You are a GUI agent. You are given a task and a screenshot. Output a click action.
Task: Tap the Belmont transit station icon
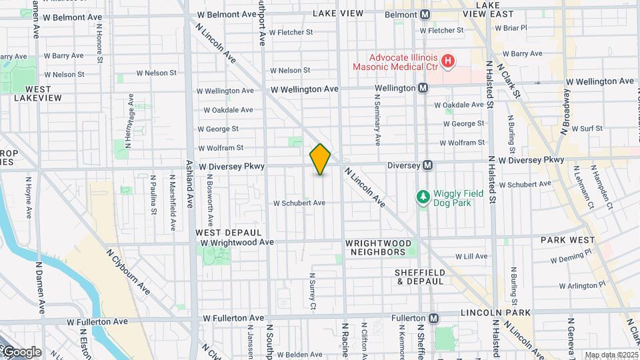coord(425,14)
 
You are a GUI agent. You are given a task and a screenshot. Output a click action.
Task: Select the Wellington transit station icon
coord(423,88)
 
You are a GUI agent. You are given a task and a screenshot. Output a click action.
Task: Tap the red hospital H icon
coord(448,61)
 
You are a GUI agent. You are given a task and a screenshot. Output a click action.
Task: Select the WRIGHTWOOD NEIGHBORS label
coord(375,248)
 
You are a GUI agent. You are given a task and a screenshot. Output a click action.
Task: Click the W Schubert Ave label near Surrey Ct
coord(299,203)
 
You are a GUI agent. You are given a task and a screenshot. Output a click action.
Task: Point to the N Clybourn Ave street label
coord(128,271)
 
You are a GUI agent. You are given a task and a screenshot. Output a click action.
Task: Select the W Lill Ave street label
coord(472,256)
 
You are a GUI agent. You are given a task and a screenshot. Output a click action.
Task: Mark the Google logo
coord(21,352)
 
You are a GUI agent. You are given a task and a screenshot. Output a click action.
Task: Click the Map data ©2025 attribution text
coord(610,355)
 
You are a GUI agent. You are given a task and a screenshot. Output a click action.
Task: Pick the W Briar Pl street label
coord(511,28)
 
